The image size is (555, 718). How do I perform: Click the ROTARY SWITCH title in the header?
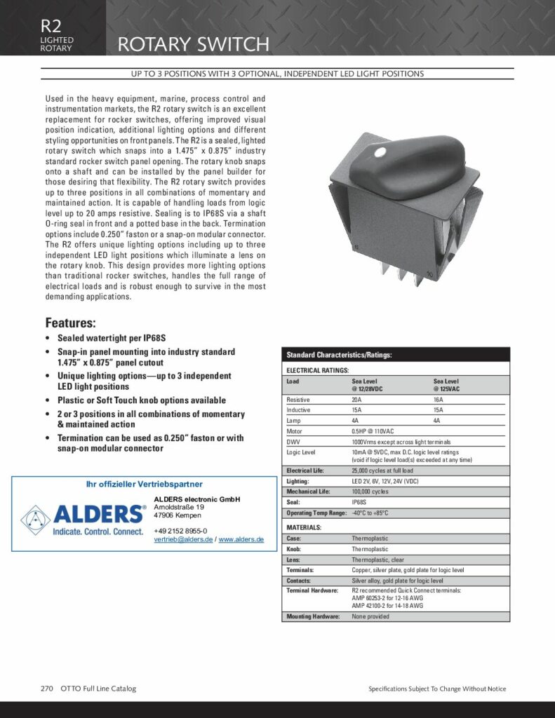[193, 45]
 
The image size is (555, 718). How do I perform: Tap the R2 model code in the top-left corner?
[51, 27]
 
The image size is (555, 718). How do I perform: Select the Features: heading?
[70, 323]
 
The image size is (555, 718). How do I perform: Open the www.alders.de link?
[241, 539]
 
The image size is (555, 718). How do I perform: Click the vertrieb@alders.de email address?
[182, 539]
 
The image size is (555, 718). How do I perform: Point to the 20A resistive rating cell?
[356, 399]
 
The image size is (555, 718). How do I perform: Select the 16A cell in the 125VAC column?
[439, 399]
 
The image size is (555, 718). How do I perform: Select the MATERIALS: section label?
[304, 527]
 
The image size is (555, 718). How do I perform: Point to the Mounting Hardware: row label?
[313, 616]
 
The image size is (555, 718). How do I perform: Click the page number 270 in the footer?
[46, 689]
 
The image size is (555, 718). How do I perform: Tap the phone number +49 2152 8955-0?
[180, 530]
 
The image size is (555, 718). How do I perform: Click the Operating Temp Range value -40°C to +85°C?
[370, 513]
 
